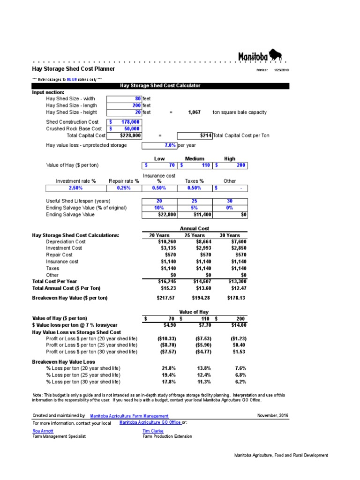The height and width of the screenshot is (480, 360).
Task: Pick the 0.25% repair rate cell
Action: tap(124, 188)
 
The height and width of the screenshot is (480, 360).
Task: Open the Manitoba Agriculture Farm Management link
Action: tap(129, 416)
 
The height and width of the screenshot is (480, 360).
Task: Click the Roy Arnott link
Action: tap(43, 431)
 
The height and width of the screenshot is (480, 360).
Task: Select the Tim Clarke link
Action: tap(153, 431)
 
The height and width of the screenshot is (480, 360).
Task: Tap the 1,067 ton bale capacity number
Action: tap(194, 112)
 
